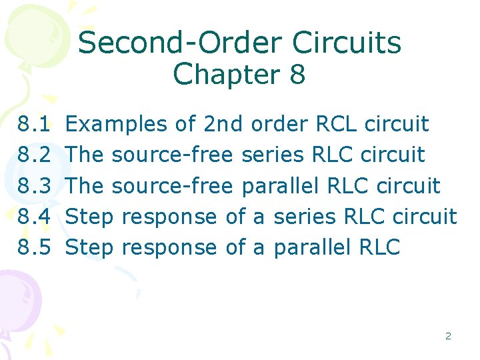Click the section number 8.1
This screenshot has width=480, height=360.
35,124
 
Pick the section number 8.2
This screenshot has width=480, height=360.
35,155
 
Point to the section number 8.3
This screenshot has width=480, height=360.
35,185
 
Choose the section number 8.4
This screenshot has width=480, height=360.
35,216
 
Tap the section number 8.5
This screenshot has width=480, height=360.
35,247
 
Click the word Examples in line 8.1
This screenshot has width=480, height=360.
117,124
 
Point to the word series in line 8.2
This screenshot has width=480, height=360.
273,155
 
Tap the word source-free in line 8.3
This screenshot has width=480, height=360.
172,185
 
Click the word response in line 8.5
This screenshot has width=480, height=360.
170,248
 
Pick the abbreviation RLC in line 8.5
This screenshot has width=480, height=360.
379,247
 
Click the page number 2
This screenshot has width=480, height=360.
448,336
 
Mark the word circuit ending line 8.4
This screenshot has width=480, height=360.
425,216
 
